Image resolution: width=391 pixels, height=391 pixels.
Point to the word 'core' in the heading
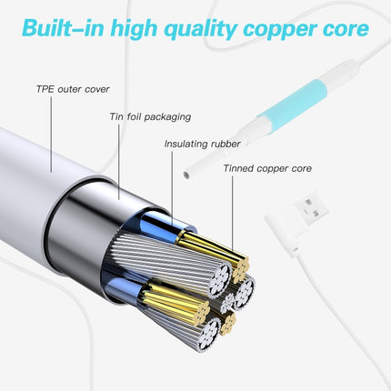pyautogui.click(x=343, y=28)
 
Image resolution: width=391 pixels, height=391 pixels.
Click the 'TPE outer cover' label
pyautogui.click(x=72, y=89)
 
